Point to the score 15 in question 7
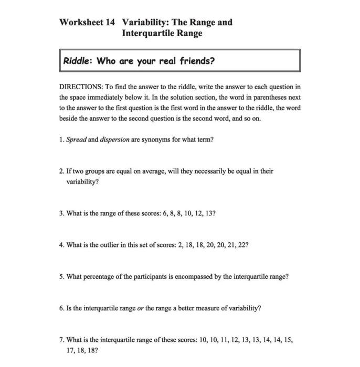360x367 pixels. click(288, 339)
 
